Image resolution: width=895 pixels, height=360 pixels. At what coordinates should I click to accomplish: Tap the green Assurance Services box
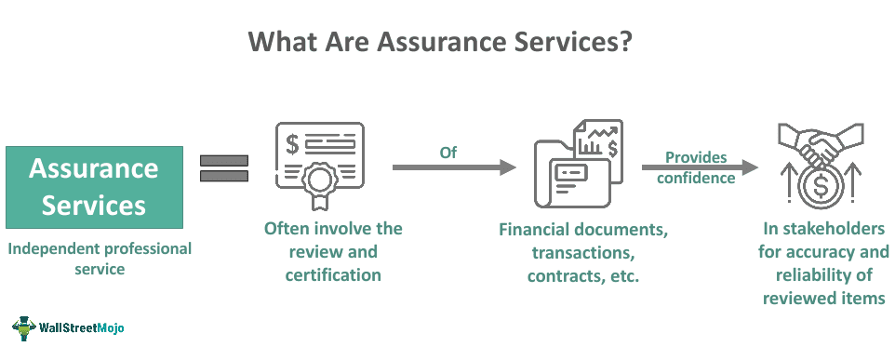pos(93,186)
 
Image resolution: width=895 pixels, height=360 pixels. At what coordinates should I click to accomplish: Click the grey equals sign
pos(223,168)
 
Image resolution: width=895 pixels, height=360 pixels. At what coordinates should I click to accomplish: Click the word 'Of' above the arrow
pos(448,150)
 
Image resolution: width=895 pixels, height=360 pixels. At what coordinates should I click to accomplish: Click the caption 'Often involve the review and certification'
pos(333,251)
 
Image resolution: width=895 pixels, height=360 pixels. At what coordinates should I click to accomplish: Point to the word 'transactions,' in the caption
pos(582,252)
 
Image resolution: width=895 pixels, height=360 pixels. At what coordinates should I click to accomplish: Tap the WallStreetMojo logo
pos(68,327)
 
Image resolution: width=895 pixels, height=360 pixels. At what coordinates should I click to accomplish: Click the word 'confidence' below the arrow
pos(696,178)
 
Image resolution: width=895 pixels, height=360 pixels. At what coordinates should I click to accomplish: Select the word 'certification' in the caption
pos(334,274)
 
